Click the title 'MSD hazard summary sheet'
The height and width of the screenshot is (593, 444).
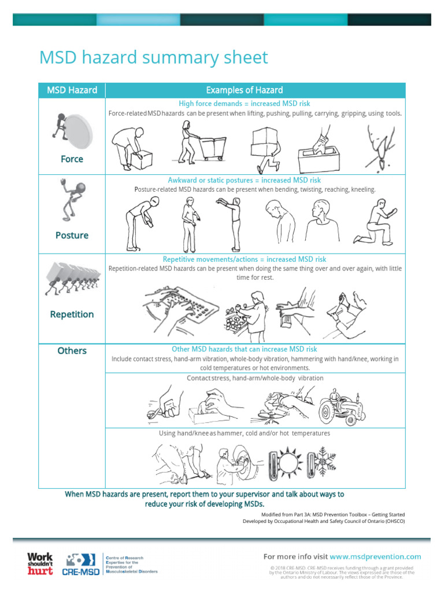(x=153, y=58)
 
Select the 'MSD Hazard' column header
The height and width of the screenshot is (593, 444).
(x=72, y=90)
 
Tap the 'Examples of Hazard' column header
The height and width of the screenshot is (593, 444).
(x=244, y=90)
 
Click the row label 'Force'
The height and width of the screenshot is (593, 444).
(x=72, y=159)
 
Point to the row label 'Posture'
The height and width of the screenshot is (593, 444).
(x=72, y=235)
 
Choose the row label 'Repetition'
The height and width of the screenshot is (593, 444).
(x=72, y=314)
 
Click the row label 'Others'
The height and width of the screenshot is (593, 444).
(x=72, y=350)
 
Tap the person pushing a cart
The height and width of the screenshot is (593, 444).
(x=202, y=144)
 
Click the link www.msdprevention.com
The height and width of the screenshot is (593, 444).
(x=375, y=557)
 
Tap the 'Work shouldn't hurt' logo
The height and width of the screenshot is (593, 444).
(x=40, y=563)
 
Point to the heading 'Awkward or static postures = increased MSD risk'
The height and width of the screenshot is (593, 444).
(x=244, y=180)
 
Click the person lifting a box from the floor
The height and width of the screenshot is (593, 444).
(x=131, y=147)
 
